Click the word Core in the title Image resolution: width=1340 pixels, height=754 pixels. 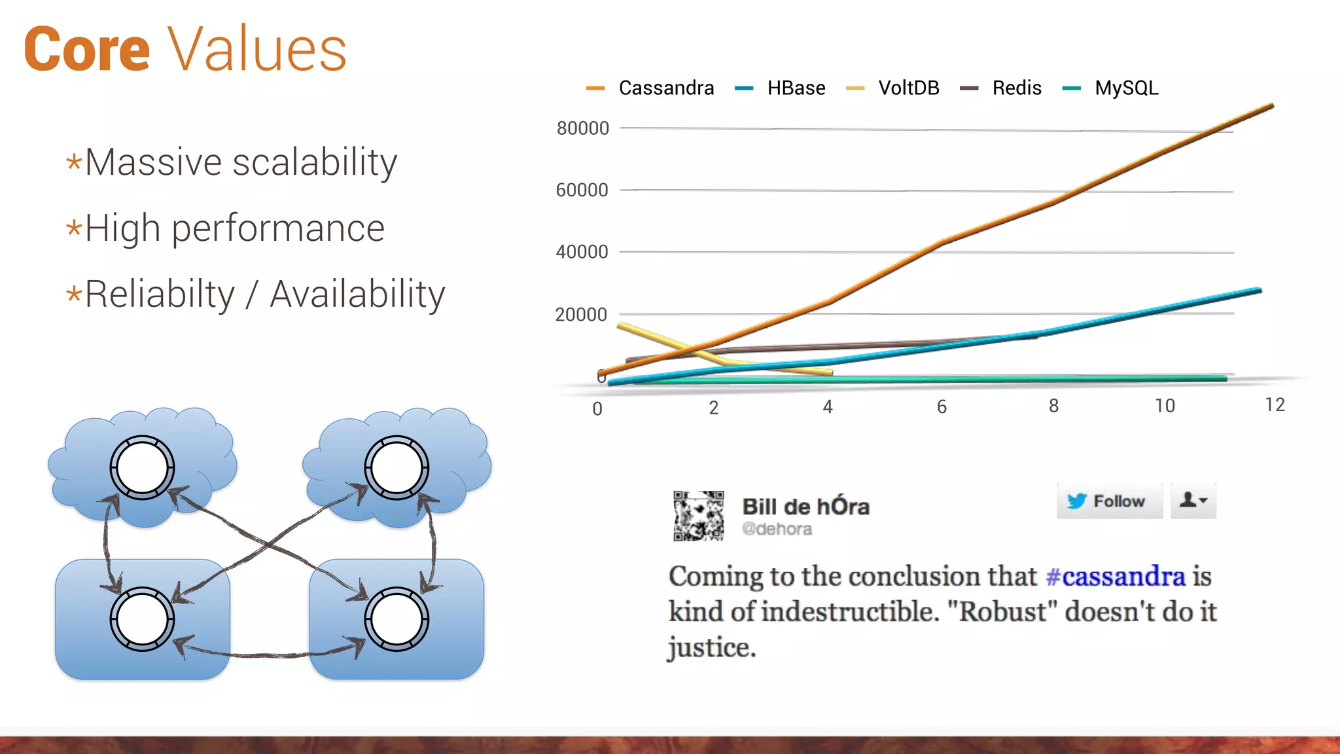coord(87,50)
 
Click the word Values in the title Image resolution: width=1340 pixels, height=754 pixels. coord(257,50)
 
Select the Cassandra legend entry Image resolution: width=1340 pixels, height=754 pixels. coord(665,88)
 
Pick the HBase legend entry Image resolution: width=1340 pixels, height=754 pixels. coord(796,88)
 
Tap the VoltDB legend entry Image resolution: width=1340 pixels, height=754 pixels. coord(908,88)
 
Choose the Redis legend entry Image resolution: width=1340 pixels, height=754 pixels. coord(1016,88)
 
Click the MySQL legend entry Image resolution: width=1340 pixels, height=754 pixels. coord(1126,88)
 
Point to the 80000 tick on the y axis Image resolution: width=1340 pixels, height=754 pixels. coord(582,128)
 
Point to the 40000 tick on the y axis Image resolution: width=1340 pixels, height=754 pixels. coord(582,252)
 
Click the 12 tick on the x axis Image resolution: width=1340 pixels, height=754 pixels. coord(1275,405)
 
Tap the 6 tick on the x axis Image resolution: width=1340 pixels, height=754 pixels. coord(942,407)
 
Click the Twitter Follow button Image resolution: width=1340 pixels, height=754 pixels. coord(1109,501)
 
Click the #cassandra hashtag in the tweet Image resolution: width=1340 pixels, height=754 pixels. coord(1115,577)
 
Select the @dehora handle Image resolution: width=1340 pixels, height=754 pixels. coord(777,529)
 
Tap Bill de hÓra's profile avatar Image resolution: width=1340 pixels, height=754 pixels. coord(698,516)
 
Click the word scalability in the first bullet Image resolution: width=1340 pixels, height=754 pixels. coord(315,162)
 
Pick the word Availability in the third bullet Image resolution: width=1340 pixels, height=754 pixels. coord(357,295)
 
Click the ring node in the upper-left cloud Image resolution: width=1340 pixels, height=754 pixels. coord(142,468)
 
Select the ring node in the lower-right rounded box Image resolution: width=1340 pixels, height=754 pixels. coord(397,619)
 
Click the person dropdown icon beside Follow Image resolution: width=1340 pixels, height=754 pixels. coord(1193,501)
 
